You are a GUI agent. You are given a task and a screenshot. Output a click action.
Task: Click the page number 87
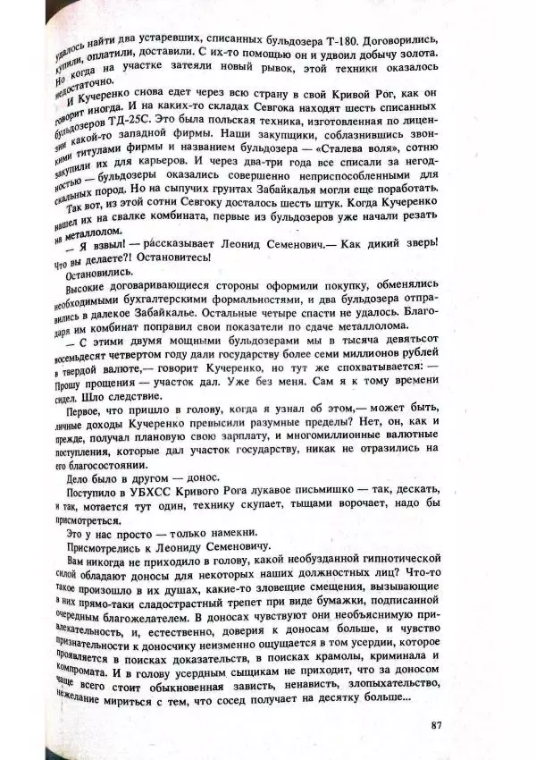(436, 725)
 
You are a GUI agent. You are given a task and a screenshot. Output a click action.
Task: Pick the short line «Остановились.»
(98, 274)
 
